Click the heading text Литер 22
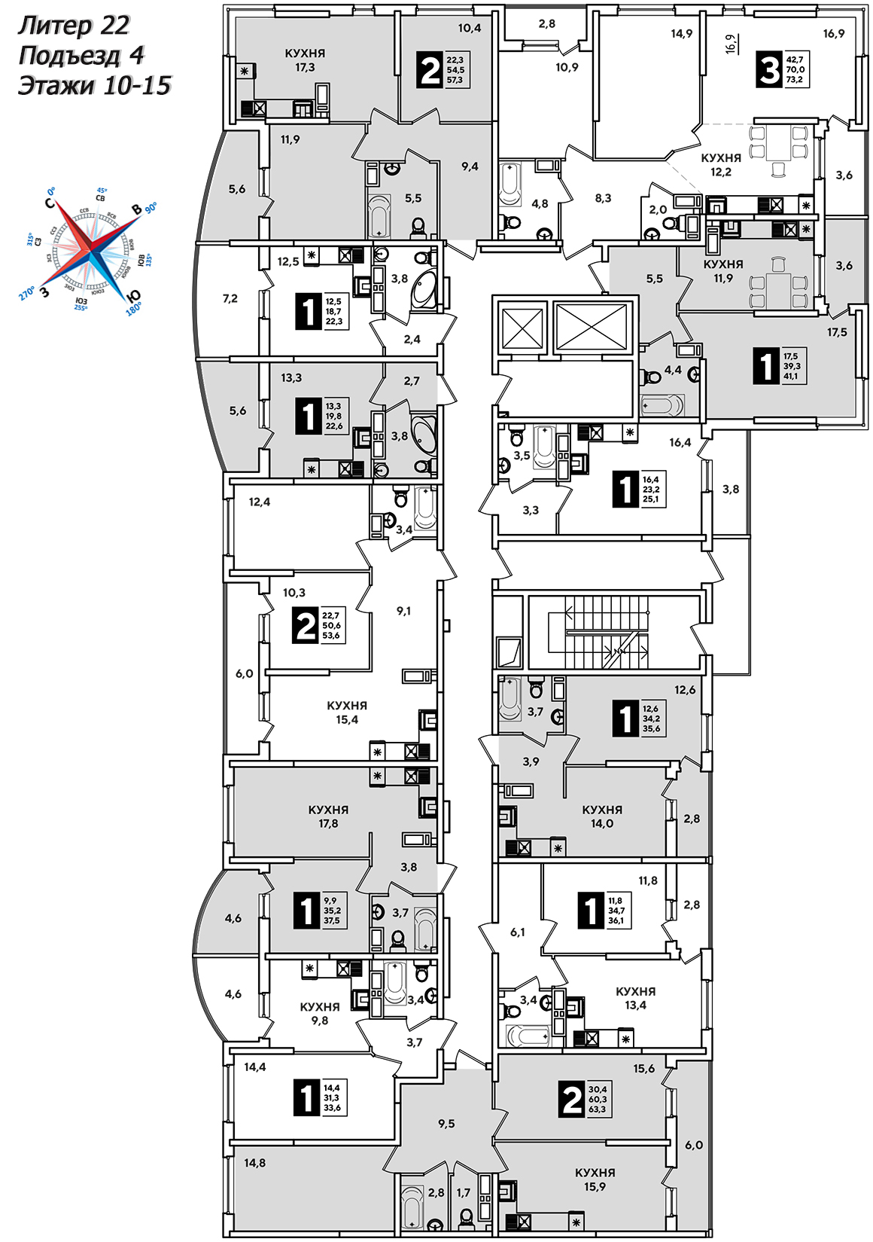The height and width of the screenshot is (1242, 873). [x=74, y=26]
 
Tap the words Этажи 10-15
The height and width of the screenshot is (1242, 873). [x=95, y=85]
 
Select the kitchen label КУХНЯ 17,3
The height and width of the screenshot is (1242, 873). [x=305, y=60]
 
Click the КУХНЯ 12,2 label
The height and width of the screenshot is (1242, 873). [x=720, y=164]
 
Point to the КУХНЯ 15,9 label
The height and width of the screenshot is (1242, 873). [x=595, y=1179]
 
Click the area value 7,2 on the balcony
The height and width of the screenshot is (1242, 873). [x=230, y=298]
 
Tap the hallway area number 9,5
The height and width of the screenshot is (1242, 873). [x=446, y=1124]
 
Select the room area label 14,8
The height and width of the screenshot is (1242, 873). [x=254, y=1163]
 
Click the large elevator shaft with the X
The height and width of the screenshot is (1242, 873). [x=591, y=326]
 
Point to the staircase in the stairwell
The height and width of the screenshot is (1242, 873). [x=607, y=631]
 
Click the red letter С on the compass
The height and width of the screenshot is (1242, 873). [x=50, y=203]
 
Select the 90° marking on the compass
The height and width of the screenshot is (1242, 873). [x=151, y=207]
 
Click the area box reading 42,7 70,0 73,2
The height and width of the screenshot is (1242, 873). [x=795, y=69]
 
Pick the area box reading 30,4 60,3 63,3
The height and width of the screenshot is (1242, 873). [x=598, y=1099]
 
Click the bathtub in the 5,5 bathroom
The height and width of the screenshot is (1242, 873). [x=379, y=215]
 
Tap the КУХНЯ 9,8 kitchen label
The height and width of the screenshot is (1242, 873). [x=320, y=1014]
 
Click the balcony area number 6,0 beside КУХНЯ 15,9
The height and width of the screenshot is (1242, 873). [x=693, y=1145]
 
